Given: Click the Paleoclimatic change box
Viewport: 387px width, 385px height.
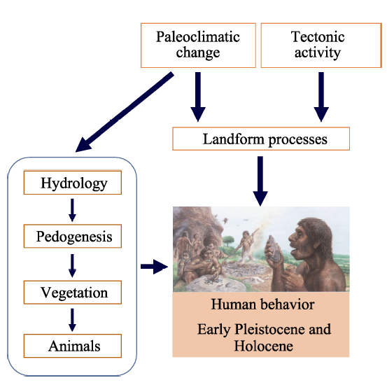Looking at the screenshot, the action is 198,45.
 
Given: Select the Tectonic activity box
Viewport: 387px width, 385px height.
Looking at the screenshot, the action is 321,45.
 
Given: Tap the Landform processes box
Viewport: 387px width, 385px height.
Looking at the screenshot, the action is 261,139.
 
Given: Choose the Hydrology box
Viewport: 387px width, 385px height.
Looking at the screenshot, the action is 73,183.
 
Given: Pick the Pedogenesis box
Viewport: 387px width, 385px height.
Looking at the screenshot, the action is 73,236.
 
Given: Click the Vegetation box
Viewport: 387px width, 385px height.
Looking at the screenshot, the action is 73,292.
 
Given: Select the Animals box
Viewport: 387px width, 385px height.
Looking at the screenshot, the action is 73,346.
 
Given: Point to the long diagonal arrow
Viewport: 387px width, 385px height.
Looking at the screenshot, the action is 125,112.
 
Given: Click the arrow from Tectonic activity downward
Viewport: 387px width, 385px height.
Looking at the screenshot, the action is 321,97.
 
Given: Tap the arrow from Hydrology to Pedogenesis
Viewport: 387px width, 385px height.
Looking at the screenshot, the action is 72,210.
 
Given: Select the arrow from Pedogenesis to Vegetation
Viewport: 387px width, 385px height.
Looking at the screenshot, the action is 72,266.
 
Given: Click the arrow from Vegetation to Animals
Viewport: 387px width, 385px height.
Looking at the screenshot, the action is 72,320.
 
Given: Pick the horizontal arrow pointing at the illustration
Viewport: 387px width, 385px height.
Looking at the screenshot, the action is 154,267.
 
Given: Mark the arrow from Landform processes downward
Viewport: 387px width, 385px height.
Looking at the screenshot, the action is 260,181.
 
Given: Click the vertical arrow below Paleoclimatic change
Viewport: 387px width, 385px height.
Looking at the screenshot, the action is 198,97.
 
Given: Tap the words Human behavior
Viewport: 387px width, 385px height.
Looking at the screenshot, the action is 262,304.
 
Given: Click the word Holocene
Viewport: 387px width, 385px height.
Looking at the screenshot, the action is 263,346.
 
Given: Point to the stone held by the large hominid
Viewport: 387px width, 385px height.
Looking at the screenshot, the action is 274,248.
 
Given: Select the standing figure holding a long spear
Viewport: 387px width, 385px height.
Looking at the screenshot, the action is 247,246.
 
